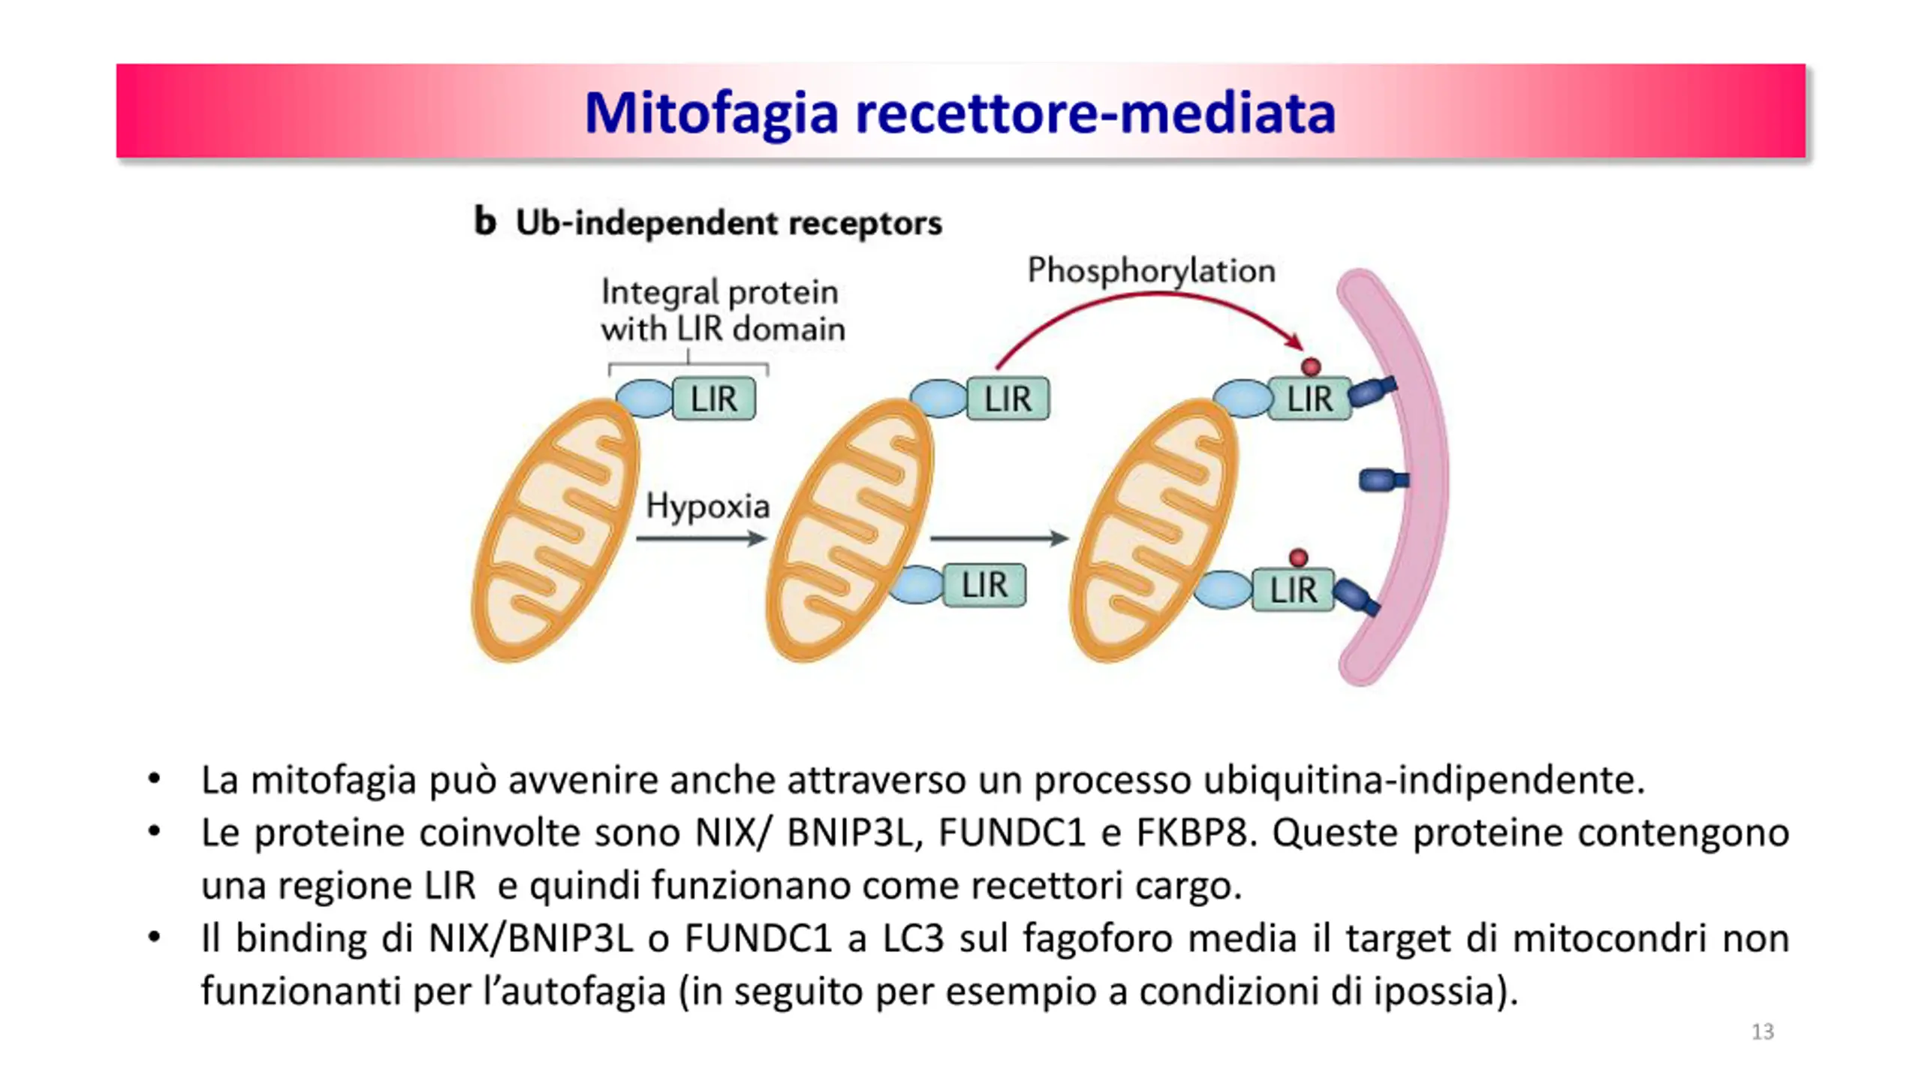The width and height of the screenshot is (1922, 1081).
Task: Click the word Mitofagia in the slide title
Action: point(710,113)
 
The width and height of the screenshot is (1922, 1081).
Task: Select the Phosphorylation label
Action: point(1151,270)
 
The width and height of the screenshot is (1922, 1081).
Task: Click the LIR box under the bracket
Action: point(714,399)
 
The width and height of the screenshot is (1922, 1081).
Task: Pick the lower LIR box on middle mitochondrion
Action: point(984,585)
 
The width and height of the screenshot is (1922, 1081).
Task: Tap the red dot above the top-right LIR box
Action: point(1311,367)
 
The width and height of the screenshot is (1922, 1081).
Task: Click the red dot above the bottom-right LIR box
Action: point(1298,558)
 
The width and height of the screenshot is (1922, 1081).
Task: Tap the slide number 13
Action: point(1762,1032)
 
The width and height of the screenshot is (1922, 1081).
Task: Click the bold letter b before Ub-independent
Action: point(485,221)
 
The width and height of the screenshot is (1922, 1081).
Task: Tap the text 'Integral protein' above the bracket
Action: point(719,292)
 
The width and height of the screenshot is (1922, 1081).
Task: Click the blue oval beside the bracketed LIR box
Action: point(643,398)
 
